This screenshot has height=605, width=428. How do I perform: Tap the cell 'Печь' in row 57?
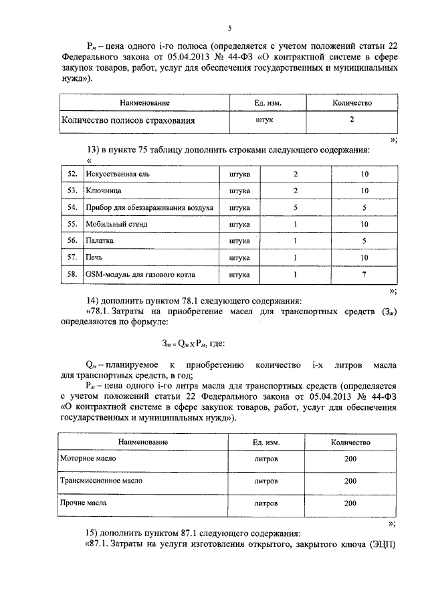[x=94, y=257]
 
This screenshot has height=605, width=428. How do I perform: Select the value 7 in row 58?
[x=364, y=273]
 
